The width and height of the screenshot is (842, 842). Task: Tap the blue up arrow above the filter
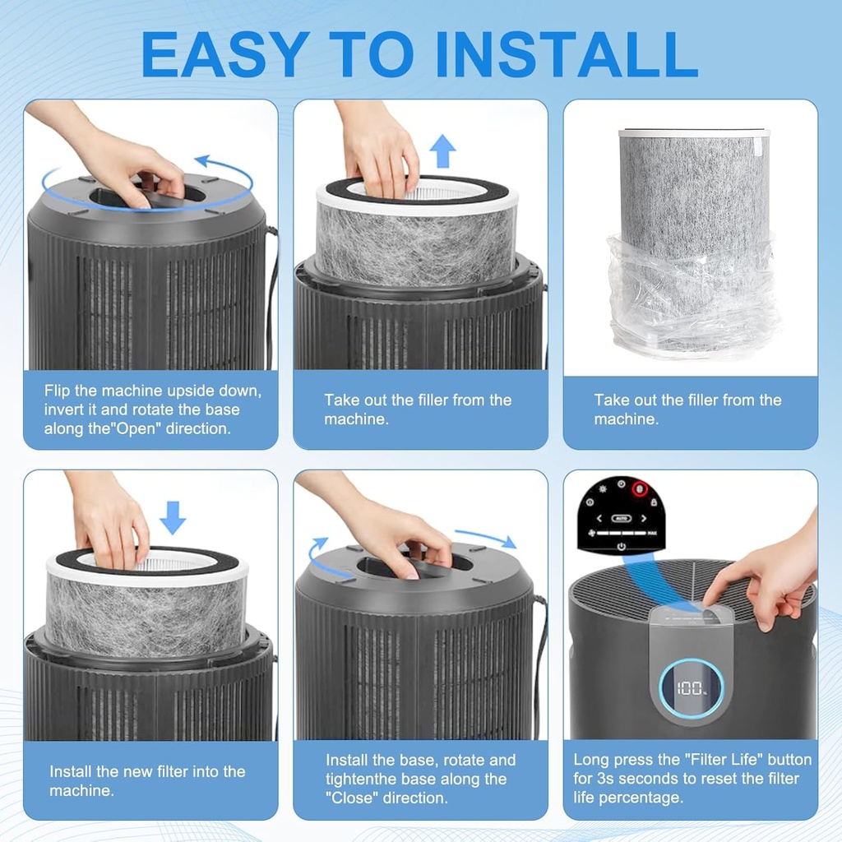tap(442, 151)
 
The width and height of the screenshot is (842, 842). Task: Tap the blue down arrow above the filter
tap(173, 518)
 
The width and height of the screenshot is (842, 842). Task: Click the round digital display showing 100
tap(691, 688)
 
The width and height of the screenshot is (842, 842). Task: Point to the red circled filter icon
tap(640, 489)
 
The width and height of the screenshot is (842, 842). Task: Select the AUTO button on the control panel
tap(622, 518)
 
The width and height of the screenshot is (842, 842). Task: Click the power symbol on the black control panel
tap(622, 547)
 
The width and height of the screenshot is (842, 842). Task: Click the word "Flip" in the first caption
tap(58, 391)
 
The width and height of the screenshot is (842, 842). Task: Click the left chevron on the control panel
tap(599, 518)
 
